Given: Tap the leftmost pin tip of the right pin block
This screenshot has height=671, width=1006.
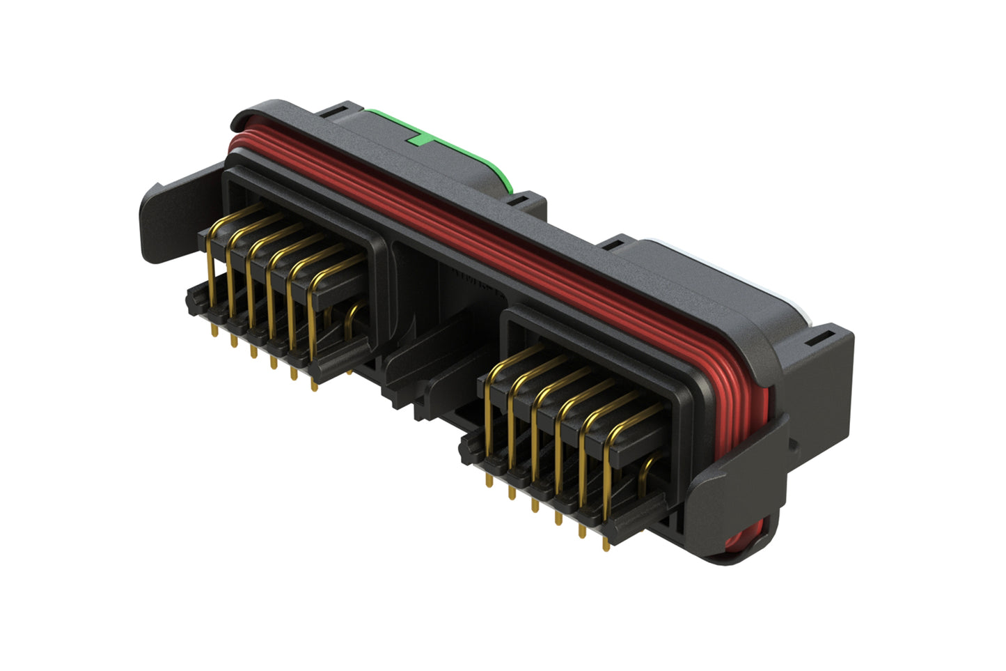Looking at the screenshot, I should pos(489,481).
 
